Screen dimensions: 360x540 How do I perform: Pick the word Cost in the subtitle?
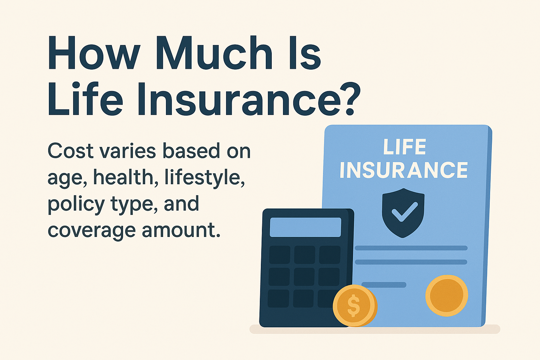click(x=70, y=151)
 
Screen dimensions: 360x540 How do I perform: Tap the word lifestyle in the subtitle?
click(x=204, y=178)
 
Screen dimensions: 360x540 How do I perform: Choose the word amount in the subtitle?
click(x=181, y=231)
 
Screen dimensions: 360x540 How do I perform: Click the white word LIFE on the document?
click(x=404, y=147)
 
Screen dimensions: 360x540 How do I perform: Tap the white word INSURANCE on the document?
click(x=404, y=171)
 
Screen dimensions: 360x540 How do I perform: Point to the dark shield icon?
click(x=403, y=225)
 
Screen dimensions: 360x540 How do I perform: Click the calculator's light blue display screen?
click(x=305, y=227)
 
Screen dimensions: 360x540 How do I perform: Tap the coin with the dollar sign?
click(x=354, y=305)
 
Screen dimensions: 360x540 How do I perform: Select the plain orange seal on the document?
click(x=446, y=295)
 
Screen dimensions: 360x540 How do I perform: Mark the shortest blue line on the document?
click(x=384, y=285)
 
